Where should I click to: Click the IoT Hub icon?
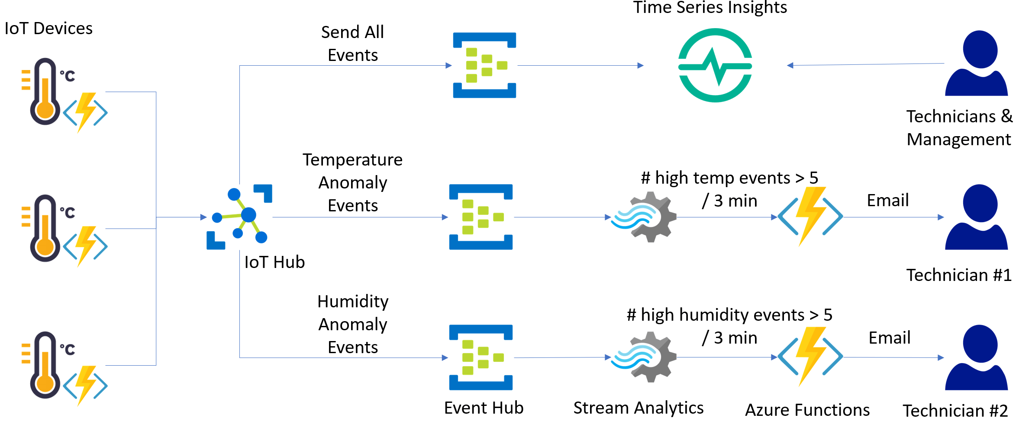click(x=239, y=217)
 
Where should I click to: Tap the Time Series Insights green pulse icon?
click(x=715, y=65)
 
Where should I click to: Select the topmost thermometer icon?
click(x=45, y=92)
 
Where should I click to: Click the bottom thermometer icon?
click(x=45, y=365)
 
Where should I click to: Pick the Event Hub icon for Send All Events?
click(x=484, y=65)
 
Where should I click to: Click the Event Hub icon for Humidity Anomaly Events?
click(x=481, y=357)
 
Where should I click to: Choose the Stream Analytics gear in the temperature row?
click(x=645, y=217)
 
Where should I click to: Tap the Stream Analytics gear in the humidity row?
click(x=645, y=357)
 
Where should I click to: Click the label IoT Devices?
click(x=48, y=29)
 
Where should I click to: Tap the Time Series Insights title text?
click(x=710, y=7)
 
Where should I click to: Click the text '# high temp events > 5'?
click(x=729, y=178)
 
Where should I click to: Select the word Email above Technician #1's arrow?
click(x=887, y=200)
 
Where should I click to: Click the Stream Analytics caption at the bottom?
click(x=638, y=408)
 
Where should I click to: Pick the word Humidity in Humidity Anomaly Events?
click(x=353, y=301)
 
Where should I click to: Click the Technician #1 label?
click(x=958, y=275)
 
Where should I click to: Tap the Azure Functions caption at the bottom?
click(x=807, y=410)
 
